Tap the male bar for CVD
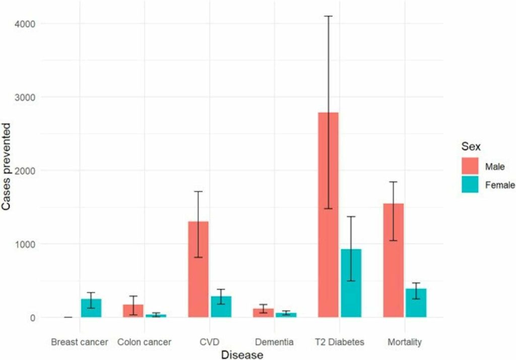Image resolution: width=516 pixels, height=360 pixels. pyautogui.click(x=198, y=269)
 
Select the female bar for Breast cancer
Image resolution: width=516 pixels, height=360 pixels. pyautogui.click(x=91, y=308)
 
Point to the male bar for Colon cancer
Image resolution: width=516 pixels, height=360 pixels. pyautogui.click(x=133, y=311)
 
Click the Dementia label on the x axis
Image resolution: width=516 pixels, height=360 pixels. pyautogui.click(x=274, y=342)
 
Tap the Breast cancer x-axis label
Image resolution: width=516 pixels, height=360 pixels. pyautogui.click(x=80, y=342)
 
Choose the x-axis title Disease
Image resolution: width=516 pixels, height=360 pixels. pyautogui.click(x=242, y=355)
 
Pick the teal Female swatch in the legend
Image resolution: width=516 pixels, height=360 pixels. pyautogui.click(x=470, y=185)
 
